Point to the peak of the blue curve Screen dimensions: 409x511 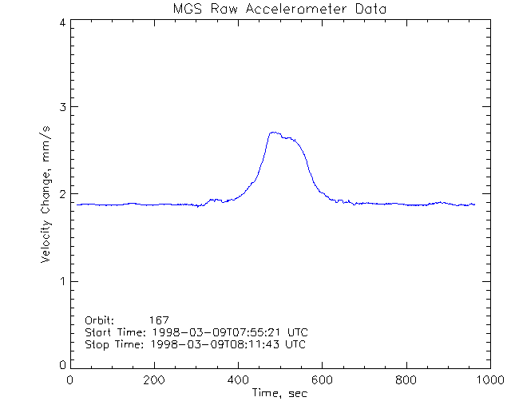pyautogui.click(x=274, y=133)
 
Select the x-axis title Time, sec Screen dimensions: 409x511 pyautogui.click(x=279, y=393)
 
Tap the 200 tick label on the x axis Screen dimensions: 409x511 pyautogui.click(x=154, y=380)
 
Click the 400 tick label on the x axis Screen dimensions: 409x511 pyautogui.click(x=238, y=380)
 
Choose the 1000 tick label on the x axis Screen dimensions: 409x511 pyautogui.click(x=489, y=380)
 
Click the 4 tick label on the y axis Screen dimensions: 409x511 pyautogui.click(x=61, y=23)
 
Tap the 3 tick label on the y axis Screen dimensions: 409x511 pyautogui.click(x=61, y=107)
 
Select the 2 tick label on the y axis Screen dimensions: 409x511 pyautogui.click(x=61, y=194)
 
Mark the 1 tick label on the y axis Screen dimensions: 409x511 pyautogui.click(x=61, y=281)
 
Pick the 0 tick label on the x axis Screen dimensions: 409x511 pyautogui.click(x=70, y=380)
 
